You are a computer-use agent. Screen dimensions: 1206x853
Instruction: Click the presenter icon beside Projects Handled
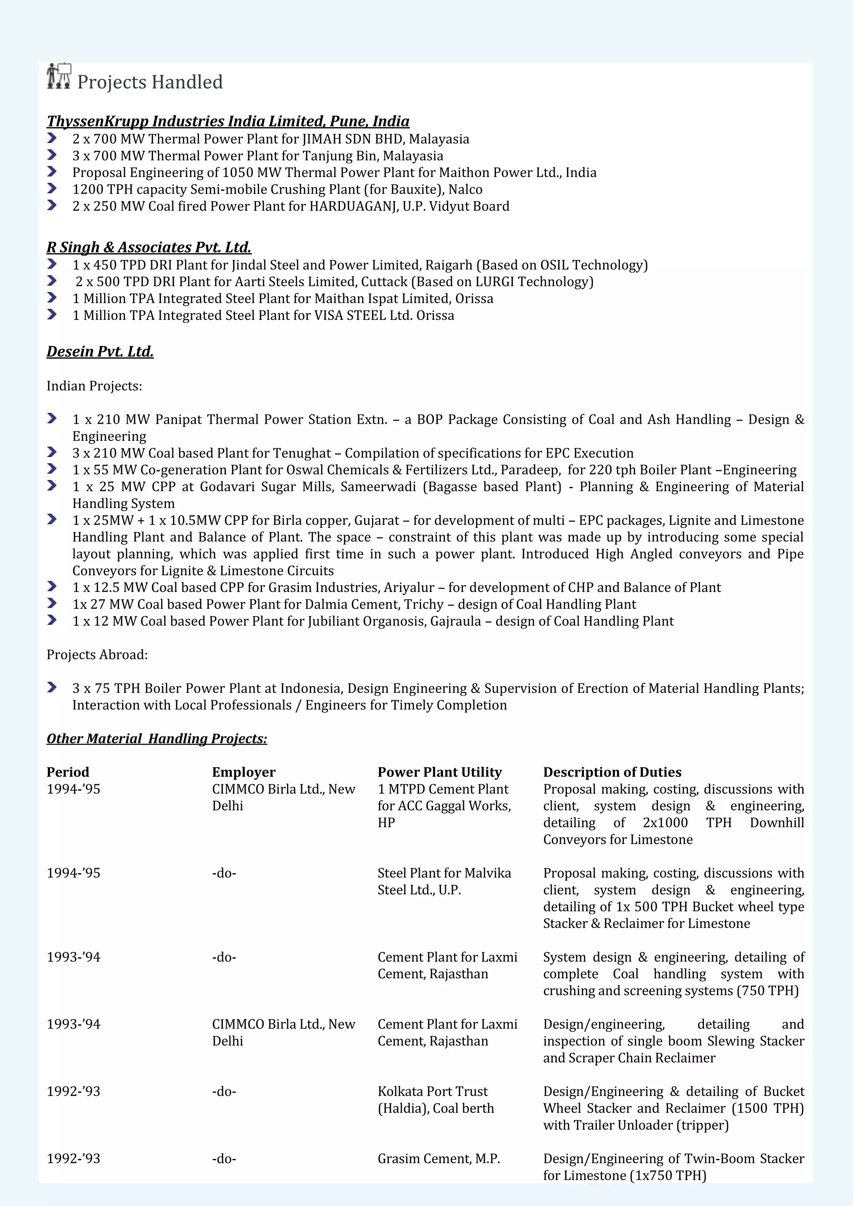click(x=59, y=76)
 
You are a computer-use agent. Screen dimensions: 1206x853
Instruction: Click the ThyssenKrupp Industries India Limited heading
click(x=227, y=121)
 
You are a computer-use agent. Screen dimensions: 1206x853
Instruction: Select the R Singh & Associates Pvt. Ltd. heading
click(x=149, y=247)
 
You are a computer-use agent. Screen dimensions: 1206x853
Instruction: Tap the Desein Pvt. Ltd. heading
click(x=100, y=352)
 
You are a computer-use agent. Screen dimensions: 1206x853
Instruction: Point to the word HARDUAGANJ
click(x=352, y=207)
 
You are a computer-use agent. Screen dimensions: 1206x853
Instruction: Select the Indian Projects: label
click(x=94, y=386)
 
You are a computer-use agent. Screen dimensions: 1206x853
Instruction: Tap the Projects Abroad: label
click(x=97, y=655)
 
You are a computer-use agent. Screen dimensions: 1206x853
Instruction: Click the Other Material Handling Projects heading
click(x=157, y=739)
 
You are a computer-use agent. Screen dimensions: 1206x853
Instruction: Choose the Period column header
click(x=68, y=772)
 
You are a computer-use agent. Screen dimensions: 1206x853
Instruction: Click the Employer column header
click(x=244, y=772)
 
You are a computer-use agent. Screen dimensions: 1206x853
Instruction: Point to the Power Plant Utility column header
click(x=440, y=772)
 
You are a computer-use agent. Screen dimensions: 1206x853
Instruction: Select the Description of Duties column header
click(x=612, y=772)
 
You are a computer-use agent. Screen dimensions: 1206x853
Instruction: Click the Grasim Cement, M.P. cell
click(x=439, y=1159)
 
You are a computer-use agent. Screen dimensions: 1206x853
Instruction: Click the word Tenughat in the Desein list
click(x=302, y=453)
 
